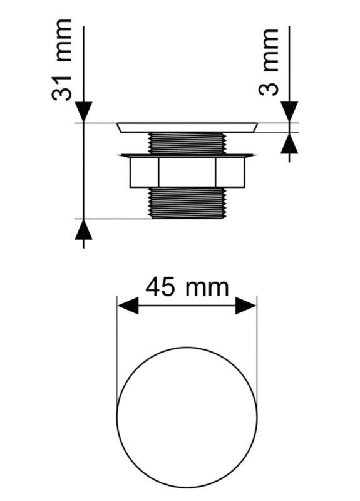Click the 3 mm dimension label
click(x=269, y=62)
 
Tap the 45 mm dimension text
click(x=187, y=287)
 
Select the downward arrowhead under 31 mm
click(x=83, y=112)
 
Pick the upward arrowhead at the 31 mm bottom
click(x=83, y=229)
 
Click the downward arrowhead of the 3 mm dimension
click(x=289, y=112)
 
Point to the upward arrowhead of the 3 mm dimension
click(x=289, y=143)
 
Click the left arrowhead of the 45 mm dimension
click(x=128, y=306)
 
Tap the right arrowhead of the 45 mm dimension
click(x=246, y=306)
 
